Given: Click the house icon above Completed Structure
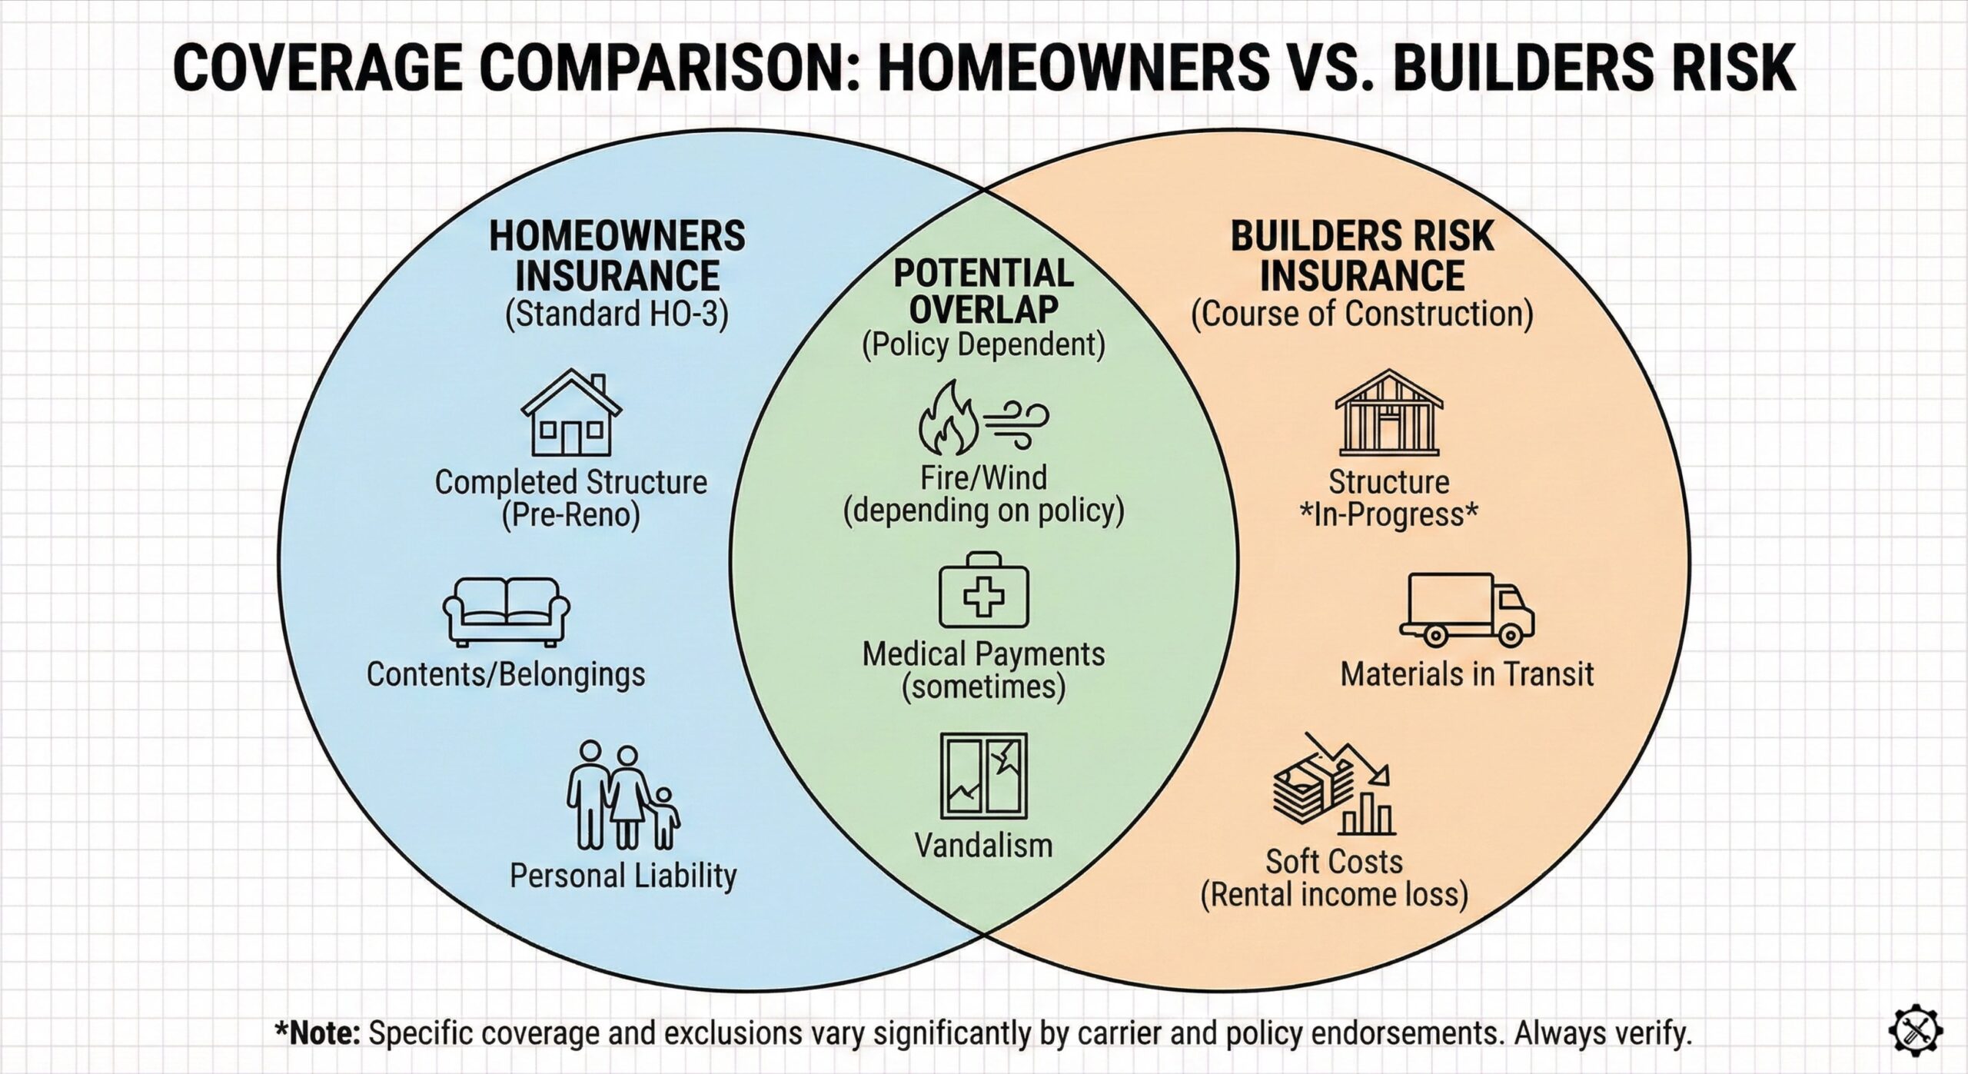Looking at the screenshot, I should point(570,413).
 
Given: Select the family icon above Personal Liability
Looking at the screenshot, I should point(623,795).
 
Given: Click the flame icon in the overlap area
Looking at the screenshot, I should point(948,421).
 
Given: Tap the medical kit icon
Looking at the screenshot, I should point(983,590).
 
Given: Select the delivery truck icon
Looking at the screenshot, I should point(1466,608).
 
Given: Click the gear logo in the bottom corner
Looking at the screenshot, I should point(1914,1029).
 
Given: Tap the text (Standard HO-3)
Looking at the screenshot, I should point(617,314).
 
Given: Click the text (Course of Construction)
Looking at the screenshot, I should point(1361,314).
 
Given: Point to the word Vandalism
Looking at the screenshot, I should point(983,845).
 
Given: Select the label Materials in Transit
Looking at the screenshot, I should point(1467,674).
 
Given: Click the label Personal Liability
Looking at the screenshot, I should point(623,876).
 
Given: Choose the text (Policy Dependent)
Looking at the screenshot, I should point(983,345).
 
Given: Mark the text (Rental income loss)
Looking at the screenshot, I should point(1334,894).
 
